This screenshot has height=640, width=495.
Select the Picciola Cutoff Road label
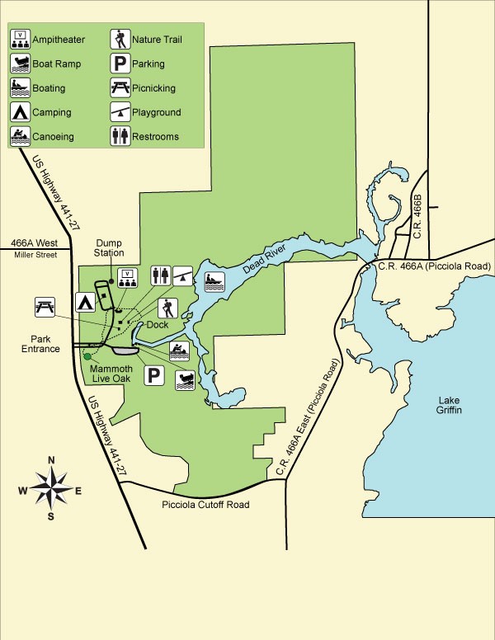206,505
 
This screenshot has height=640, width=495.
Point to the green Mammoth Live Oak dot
87,356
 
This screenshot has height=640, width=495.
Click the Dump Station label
109,247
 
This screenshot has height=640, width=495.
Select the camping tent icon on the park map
84,302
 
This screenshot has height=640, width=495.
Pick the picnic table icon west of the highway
45,307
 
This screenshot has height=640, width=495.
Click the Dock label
158,325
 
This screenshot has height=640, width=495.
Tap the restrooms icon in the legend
120,135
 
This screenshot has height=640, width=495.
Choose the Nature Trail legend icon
120,39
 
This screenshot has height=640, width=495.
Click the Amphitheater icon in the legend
20,39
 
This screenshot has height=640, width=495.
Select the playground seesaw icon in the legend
120,111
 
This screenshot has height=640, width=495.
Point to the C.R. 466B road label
417,220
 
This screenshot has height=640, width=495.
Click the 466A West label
35,243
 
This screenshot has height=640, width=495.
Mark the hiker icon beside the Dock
167,308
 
